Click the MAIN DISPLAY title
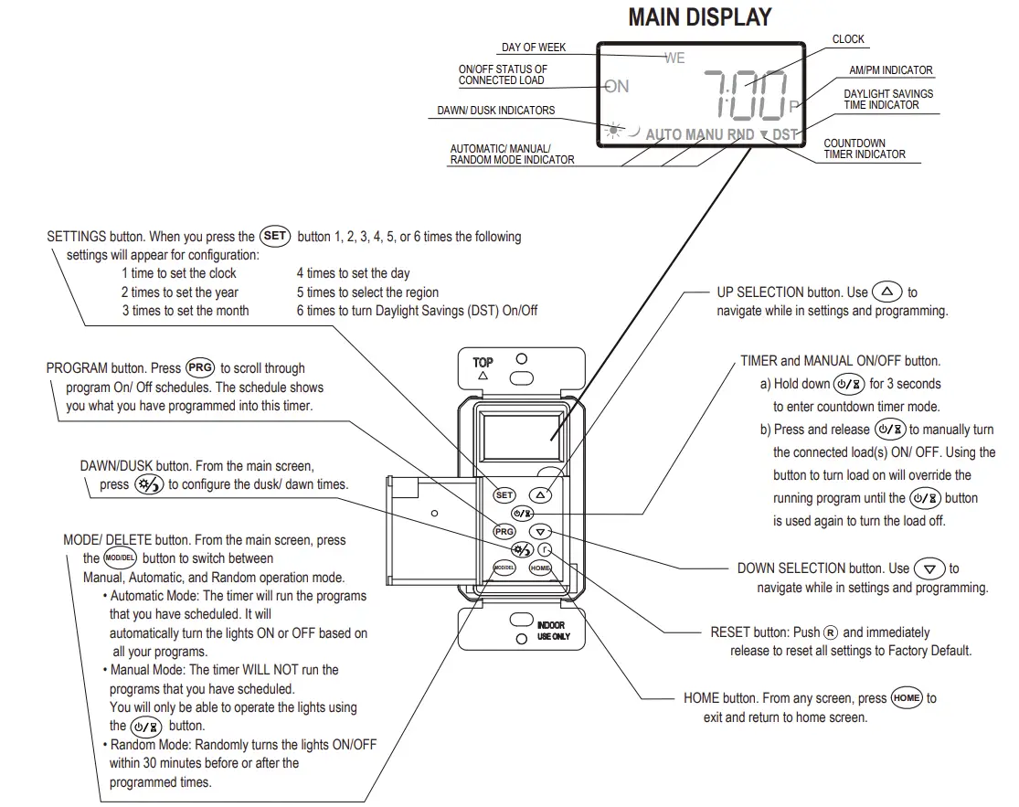point(700,17)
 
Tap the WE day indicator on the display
point(674,58)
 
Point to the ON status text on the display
point(618,86)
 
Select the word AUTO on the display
point(663,134)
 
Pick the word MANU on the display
point(705,134)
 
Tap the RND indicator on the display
point(741,134)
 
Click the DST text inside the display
point(785,134)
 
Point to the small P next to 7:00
point(793,106)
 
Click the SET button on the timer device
point(504,494)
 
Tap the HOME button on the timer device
point(540,568)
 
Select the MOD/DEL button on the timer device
point(504,568)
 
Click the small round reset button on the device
point(545,549)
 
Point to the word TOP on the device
point(483,363)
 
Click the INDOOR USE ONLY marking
point(550,631)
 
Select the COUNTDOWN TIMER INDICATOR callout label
point(865,149)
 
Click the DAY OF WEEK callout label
point(534,48)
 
